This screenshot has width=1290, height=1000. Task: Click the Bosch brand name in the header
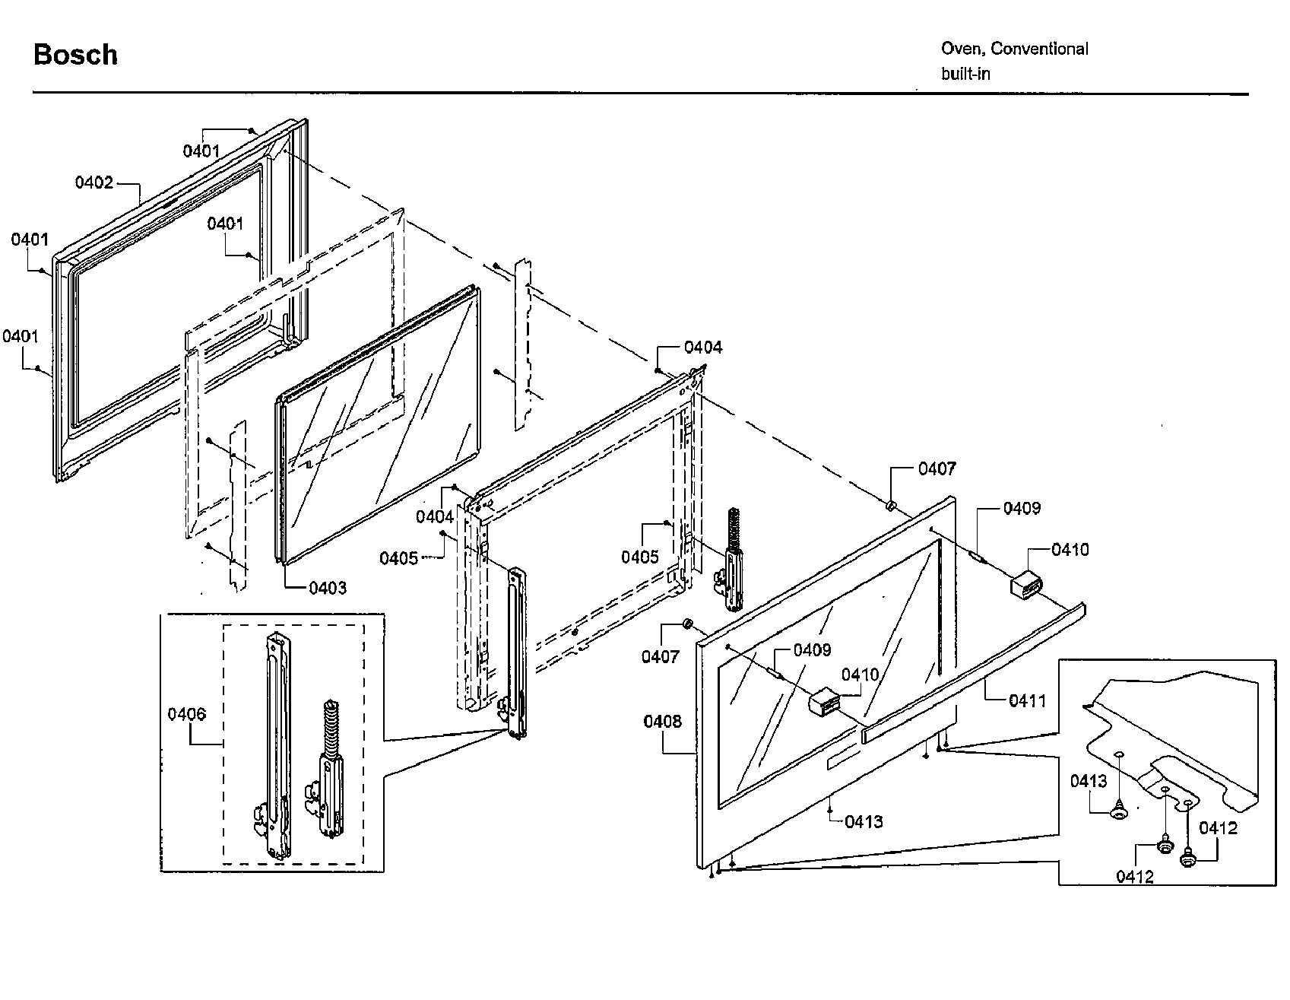(x=75, y=56)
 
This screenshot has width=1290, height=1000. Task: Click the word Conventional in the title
(x=1039, y=49)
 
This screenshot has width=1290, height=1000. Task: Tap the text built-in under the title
(x=965, y=75)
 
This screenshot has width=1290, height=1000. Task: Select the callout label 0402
(x=94, y=183)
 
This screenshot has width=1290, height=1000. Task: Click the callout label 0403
(x=328, y=588)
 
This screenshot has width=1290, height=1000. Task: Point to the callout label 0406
(x=186, y=713)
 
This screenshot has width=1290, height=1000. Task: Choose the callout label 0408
(x=663, y=721)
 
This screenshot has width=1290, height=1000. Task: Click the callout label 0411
(x=1027, y=700)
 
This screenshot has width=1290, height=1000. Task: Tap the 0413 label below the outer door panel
(x=864, y=821)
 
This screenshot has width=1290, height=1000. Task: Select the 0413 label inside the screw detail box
(x=1089, y=781)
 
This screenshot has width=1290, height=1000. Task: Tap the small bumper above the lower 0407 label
(x=687, y=624)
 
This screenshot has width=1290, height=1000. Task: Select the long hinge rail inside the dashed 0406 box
(x=275, y=745)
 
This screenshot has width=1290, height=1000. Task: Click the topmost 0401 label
(x=201, y=151)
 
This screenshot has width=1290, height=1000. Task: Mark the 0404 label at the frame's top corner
(x=703, y=348)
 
